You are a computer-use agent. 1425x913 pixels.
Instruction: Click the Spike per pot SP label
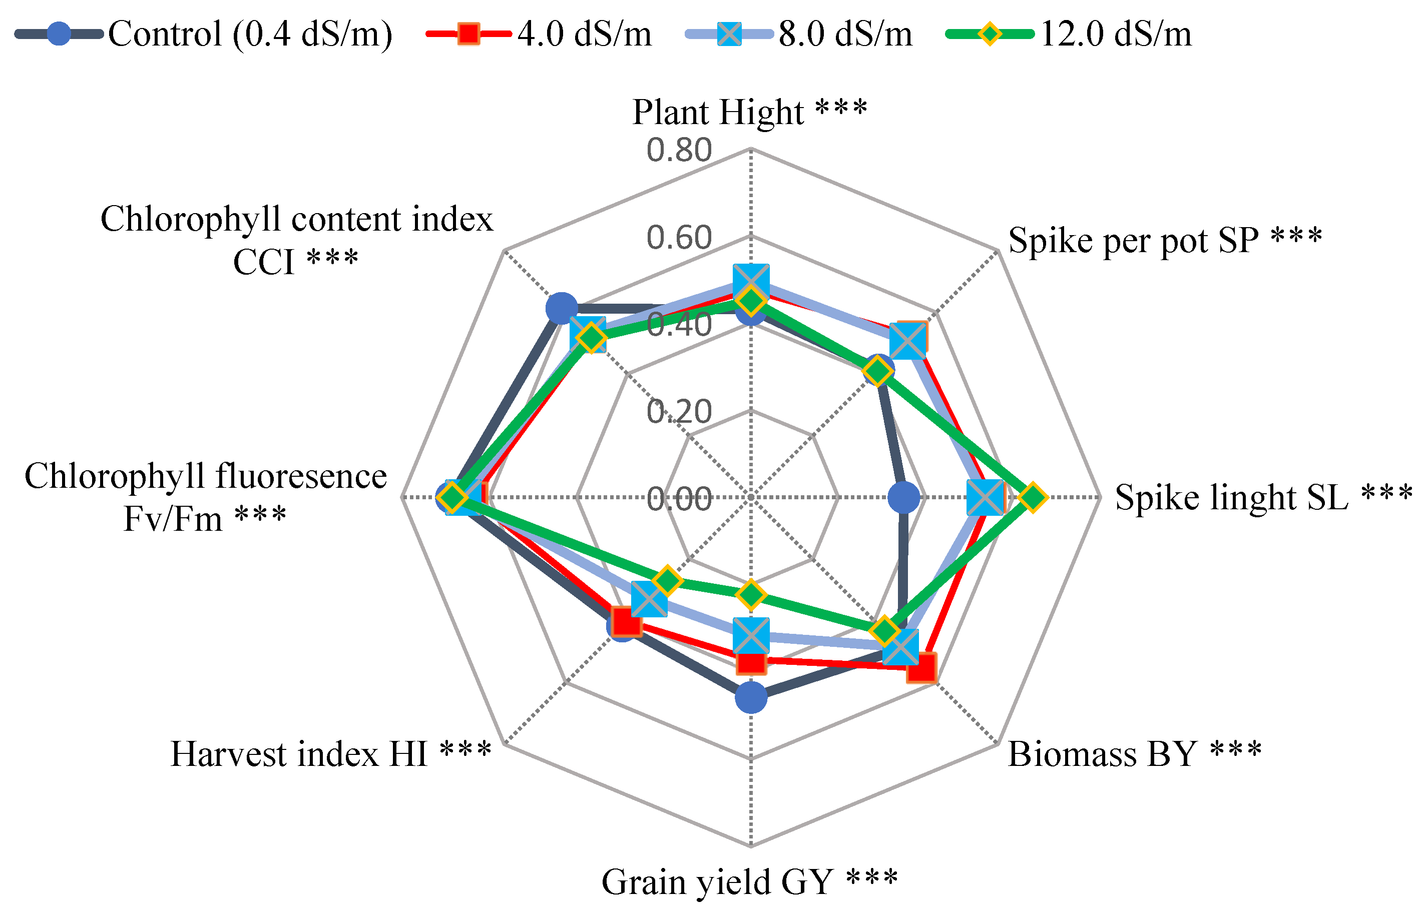1165,240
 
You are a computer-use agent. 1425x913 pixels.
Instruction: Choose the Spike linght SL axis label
1263,497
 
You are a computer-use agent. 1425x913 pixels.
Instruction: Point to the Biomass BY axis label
1134,754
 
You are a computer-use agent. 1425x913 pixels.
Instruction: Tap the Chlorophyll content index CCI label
296,240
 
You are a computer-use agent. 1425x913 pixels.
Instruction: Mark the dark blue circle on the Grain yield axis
751,697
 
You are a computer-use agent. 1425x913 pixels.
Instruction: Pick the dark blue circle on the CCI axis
561,308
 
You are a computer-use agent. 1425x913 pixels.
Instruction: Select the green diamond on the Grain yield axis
751,595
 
